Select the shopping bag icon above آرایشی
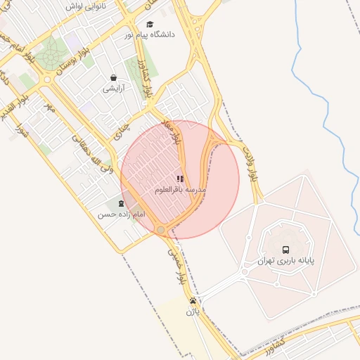point(114,78)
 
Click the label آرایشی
point(114,89)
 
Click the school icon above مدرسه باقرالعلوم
point(180,179)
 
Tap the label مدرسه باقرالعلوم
point(180,190)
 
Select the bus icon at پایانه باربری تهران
point(285,250)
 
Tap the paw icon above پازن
point(193,301)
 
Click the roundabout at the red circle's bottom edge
point(161,230)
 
